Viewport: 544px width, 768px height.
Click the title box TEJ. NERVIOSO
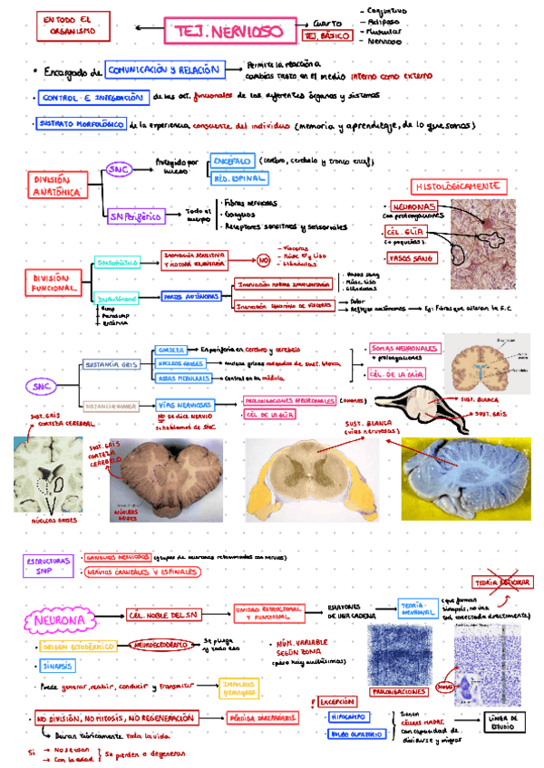[223, 33]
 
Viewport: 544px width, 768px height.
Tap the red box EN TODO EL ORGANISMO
[67, 25]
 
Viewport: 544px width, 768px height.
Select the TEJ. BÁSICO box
[327, 37]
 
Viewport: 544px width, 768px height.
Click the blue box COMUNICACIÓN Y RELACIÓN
[162, 70]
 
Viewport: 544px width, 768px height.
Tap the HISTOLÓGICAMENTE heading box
[457, 186]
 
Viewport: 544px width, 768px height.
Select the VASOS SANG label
[410, 258]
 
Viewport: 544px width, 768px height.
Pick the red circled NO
[264, 261]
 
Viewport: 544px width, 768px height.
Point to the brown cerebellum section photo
[167, 480]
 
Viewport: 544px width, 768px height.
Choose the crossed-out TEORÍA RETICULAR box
[500, 582]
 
